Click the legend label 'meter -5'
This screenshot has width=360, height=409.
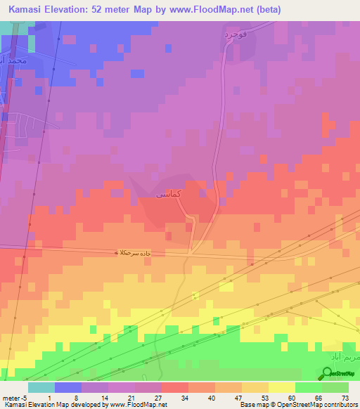[x=14, y=397]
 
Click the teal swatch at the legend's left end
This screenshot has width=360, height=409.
[x=41, y=387]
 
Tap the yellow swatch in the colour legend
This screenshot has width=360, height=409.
[x=281, y=387]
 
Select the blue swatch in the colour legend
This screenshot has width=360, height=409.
[x=67, y=387]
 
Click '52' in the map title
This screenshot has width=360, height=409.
[x=110, y=9]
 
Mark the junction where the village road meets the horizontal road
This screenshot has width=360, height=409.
[x=191, y=251]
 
